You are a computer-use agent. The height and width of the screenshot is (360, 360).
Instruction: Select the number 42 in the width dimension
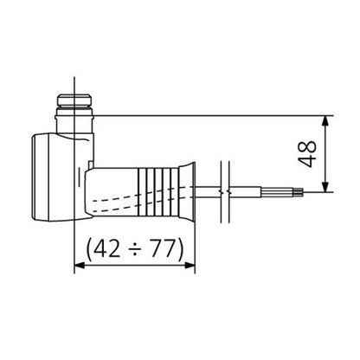point(107,249)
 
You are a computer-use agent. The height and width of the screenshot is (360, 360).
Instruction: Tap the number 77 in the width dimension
point(162,249)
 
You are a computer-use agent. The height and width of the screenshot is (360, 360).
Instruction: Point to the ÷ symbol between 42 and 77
point(135,249)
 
